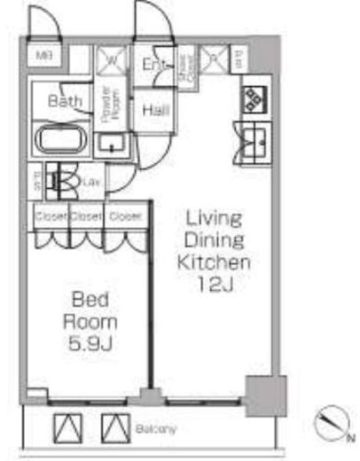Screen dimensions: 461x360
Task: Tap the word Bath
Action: pos(65,101)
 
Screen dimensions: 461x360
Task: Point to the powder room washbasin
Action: pos(111,144)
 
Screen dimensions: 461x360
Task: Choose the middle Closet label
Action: pos(85,215)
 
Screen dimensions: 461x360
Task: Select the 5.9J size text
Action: pos(90,340)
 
